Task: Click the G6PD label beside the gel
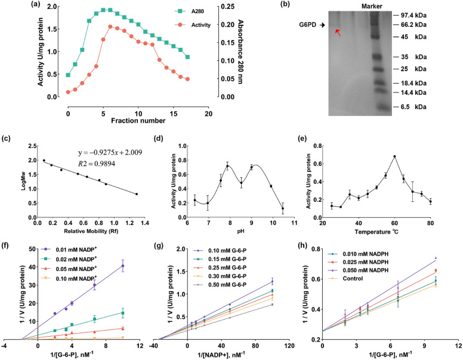[x=308, y=26]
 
